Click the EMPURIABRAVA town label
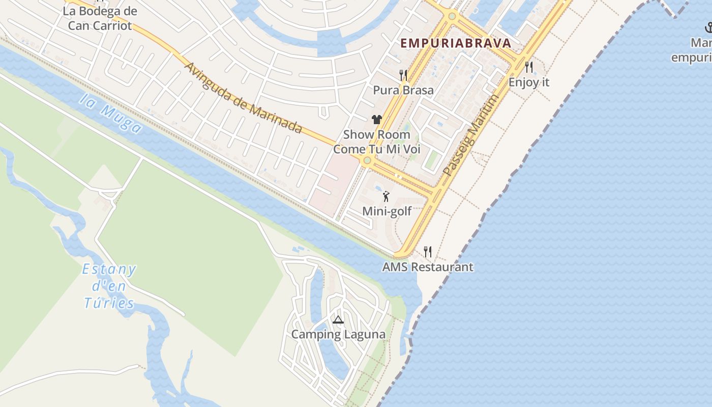click(x=455, y=43)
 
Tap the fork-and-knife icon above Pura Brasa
click(x=403, y=75)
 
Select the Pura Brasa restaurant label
click(x=403, y=90)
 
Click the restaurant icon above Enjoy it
click(x=529, y=67)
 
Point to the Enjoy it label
click(x=529, y=82)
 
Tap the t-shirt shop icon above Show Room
click(x=376, y=120)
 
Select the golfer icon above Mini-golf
click(x=387, y=196)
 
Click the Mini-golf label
click(x=387, y=211)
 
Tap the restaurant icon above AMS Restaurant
click(x=428, y=251)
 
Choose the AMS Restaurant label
click(x=428, y=267)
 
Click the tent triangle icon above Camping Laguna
click(x=338, y=319)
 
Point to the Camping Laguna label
click(x=338, y=334)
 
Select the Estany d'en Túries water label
click(x=109, y=286)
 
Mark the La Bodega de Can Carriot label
click(x=100, y=18)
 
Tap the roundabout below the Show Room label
click(x=367, y=160)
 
